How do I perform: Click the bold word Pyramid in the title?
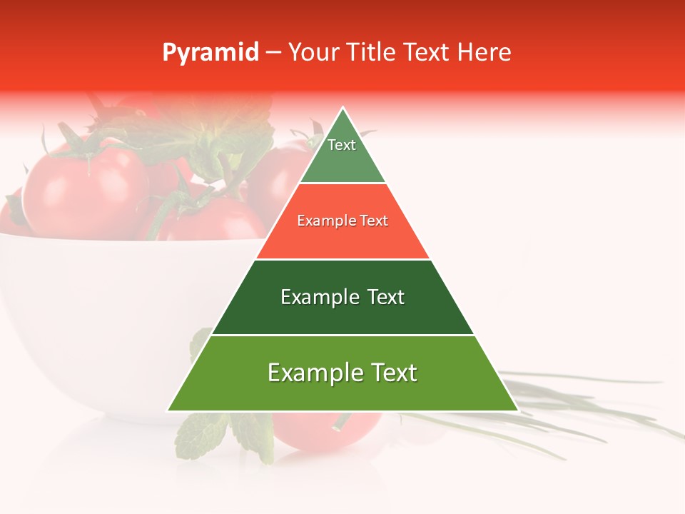click(x=210, y=52)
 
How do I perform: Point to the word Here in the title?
click(x=484, y=52)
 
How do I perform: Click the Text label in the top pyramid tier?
click(x=342, y=145)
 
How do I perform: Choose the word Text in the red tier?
click(x=374, y=221)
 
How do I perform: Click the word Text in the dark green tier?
click(x=385, y=297)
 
